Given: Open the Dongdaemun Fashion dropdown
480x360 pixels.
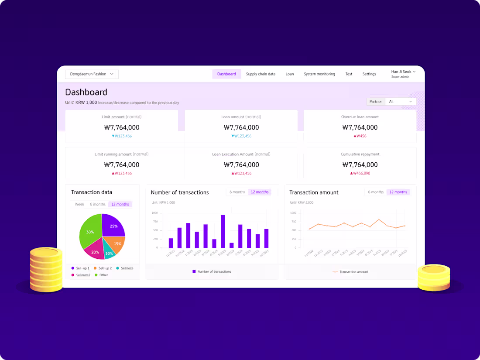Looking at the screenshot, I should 92,74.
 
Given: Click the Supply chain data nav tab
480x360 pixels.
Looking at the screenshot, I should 261,74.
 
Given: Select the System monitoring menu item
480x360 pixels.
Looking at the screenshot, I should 319,74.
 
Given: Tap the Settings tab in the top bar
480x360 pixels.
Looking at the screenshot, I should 369,74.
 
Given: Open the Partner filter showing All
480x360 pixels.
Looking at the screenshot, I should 400,102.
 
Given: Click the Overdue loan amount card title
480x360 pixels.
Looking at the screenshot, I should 360,117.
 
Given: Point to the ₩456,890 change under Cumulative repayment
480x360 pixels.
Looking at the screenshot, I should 360,173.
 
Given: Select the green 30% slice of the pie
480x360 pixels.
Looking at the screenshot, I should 90,231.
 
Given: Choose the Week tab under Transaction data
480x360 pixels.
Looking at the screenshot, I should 79,204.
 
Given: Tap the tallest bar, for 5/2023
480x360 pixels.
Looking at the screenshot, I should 223,231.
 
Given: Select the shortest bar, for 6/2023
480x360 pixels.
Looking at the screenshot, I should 232,245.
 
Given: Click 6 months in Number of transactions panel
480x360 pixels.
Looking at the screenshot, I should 237,192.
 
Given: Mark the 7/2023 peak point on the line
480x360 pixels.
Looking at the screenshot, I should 379,219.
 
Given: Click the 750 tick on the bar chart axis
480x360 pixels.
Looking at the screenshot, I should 155,222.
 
